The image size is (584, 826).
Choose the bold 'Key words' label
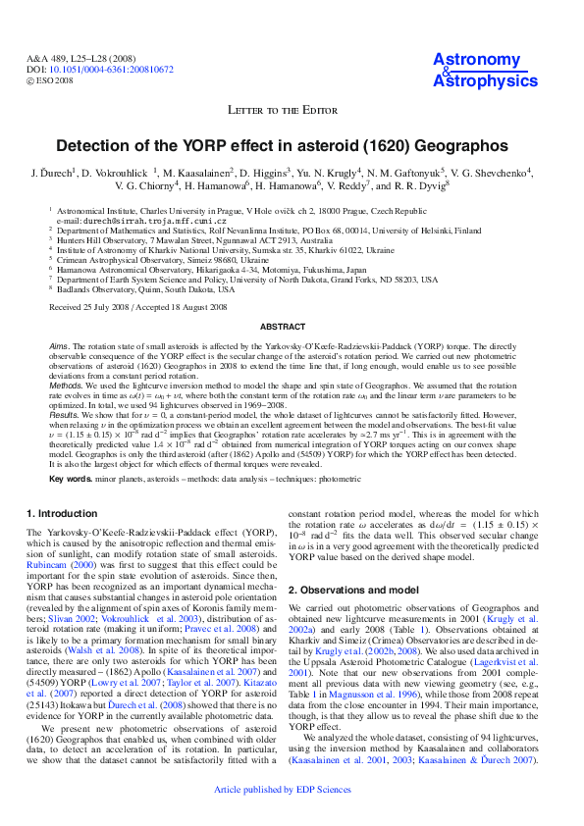[71, 478]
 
